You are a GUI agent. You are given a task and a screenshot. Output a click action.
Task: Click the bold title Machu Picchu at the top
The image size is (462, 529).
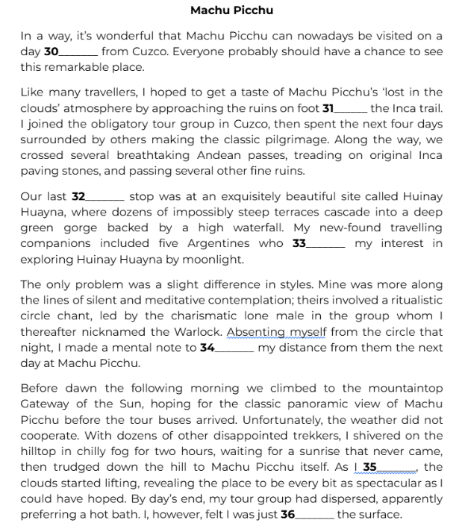pos(231,10)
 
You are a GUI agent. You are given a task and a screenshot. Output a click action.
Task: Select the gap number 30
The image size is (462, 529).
pos(51,51)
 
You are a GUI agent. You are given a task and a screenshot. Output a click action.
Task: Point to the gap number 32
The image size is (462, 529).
pos(78,197)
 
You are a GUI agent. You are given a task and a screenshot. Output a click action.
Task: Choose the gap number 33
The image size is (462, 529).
pos(299,243)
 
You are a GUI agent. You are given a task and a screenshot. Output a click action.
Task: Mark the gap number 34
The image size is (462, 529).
pos(207,347)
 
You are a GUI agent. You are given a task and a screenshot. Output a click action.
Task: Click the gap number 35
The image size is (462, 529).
pos(369,468)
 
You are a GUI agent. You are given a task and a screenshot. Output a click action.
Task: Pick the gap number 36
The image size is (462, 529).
pos(288,514)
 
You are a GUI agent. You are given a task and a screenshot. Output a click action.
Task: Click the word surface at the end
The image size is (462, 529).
pos(380,514)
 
